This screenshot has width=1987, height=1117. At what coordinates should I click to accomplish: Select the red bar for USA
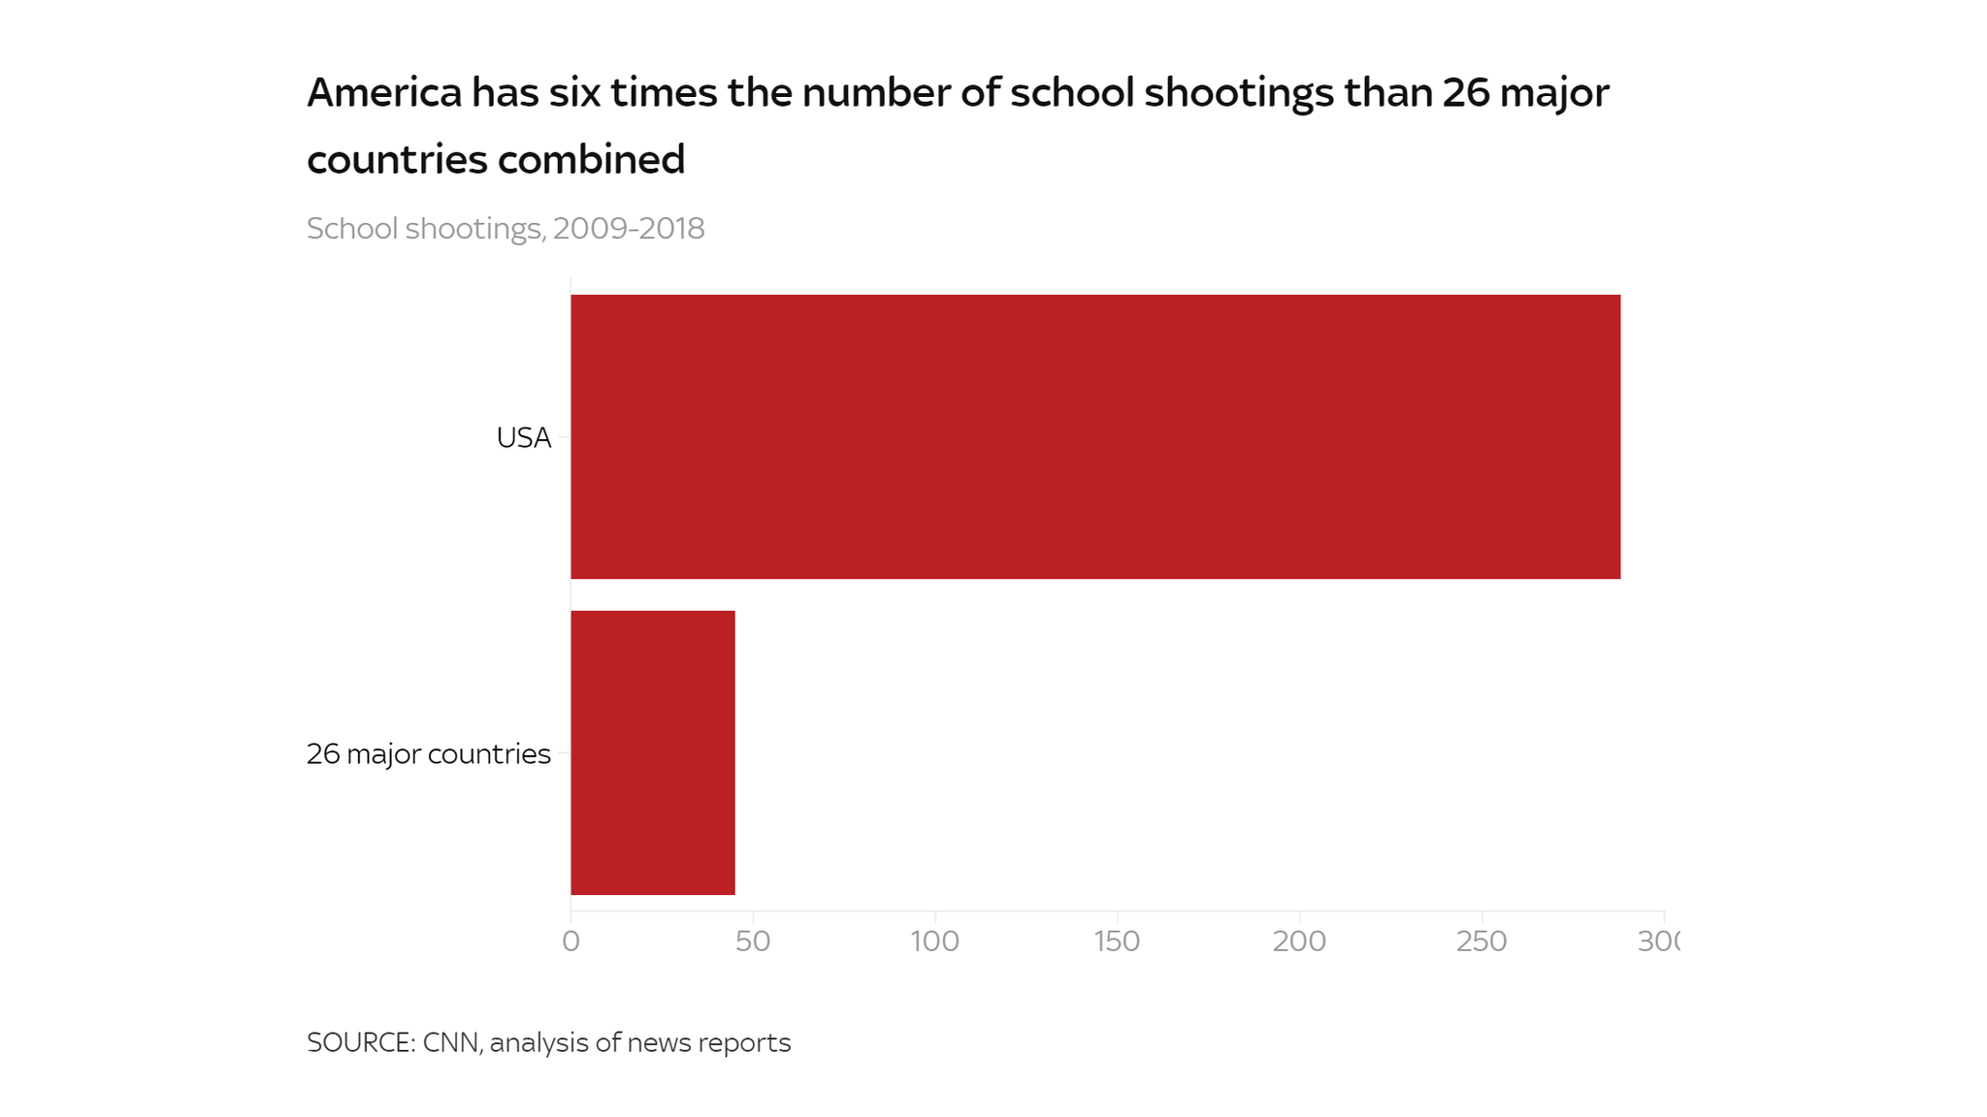click(x=1094, y=436)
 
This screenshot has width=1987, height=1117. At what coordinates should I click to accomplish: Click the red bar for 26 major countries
click(x=652, y=752)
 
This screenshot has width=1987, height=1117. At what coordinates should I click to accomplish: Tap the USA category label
click(x=523, y=438)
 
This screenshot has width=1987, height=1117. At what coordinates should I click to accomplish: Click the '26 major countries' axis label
click(x=428, y=753)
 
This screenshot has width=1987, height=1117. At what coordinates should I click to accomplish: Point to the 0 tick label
click(x=570, y=941)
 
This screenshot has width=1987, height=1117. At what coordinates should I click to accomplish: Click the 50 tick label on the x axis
click(x=752, y=941)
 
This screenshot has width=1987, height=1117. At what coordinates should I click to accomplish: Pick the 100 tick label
click(x=934, y=941)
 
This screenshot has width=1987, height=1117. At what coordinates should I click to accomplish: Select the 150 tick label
click(x=1117, y=941)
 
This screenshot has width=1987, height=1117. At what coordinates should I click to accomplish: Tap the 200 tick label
click(x=1299, y=941)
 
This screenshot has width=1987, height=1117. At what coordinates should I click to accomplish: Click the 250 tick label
click(x=1482, y=941)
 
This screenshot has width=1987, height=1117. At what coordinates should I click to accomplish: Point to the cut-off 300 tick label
click(x=1658, y=941)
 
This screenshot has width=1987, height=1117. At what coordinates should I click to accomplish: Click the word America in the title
click(x=384, y=93)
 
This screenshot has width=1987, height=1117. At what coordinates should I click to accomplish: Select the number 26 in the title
click(x=1465, y=93)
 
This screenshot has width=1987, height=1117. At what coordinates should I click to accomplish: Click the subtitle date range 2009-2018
click(x=629, y=229)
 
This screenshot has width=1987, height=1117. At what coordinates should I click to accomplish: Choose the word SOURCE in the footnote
click(x=360, y=1042)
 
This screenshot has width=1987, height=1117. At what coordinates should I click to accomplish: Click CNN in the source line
click(x=451, y=1042)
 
